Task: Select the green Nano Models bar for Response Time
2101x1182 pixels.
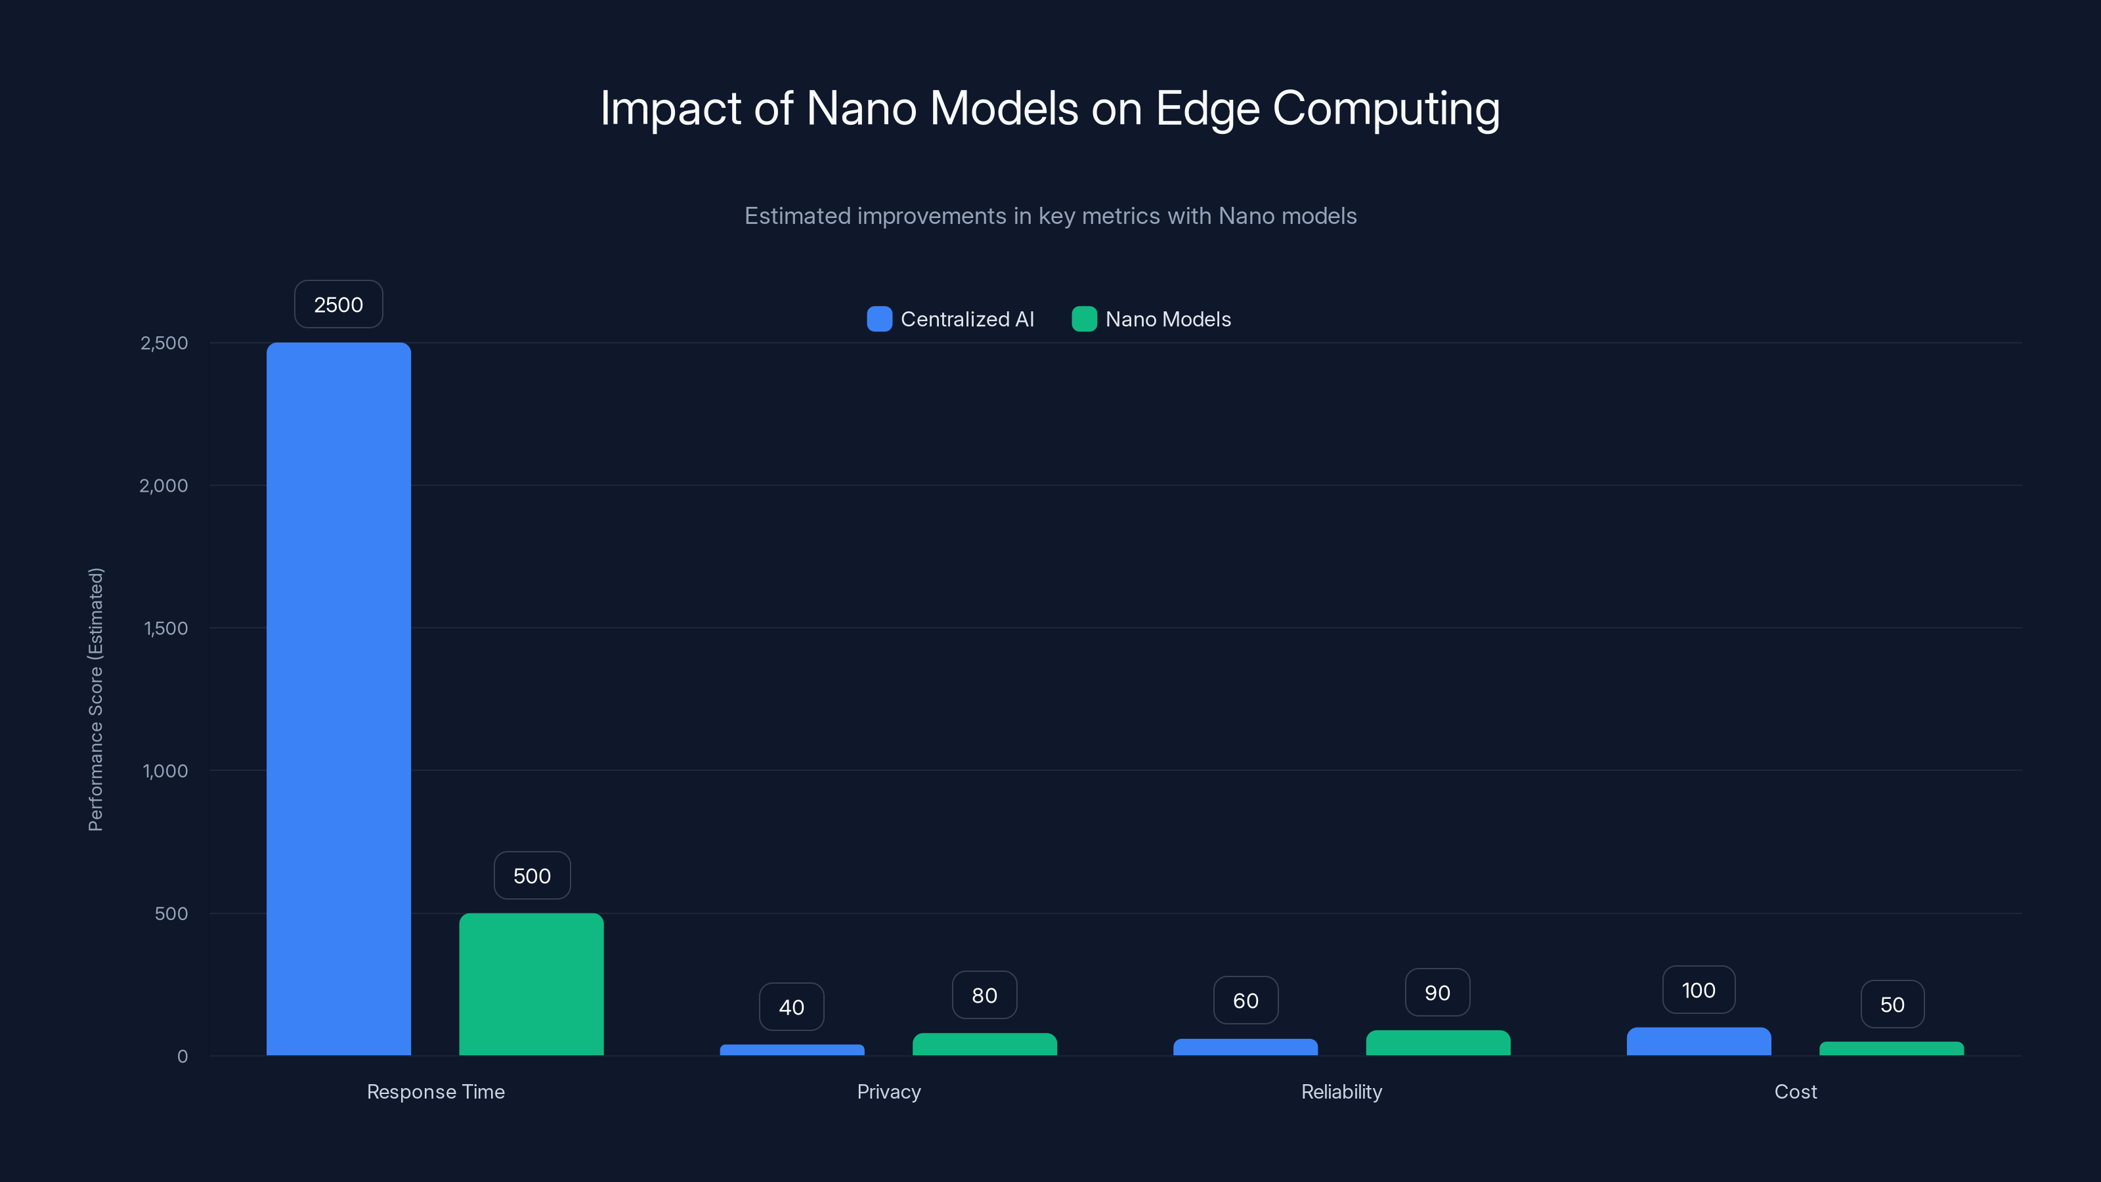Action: click(x=531, y=984)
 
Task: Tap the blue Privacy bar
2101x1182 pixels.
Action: click(x=791, y=1050)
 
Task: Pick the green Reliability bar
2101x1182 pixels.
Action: click(x=1437, y=1043)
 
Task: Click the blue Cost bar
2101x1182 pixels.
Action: click(x=1698, y=1041)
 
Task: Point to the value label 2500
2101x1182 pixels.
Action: click(x=339, y=304)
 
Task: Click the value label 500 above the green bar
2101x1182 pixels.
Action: click(x=532, y=875)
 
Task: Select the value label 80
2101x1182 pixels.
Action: click(x=984, y=996)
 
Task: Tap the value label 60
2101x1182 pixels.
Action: click(x=1245, y=1000)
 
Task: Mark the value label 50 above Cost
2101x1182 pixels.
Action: click(x=1892, y=1004)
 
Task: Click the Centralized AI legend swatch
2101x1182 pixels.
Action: click(x=879, y=319)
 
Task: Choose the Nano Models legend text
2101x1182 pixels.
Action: click(x=1167, y=319)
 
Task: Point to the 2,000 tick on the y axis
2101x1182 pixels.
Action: click(x=164, y=485)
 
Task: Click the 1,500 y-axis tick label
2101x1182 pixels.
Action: click(x=165, y=628)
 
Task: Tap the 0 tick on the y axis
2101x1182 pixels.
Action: click(x=183, y=1057)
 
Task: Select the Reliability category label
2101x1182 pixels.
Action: click(x=1341, y=1091)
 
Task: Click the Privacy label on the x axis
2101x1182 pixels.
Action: click(x=888, y=1091)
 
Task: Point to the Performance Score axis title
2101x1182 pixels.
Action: click(x=95, y=699)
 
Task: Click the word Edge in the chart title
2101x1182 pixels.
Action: click(x=1206, y=108)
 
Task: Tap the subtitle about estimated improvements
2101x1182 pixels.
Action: click(x=1050, y=216)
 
